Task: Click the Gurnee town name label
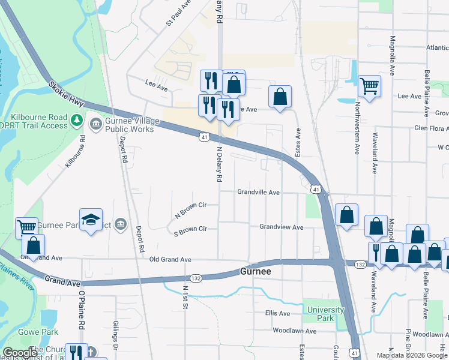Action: pyautogui.click(x=256, y=271)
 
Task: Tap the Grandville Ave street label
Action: pyautogui.click(x=259, y=193)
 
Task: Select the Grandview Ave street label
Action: pyautogui.click(x=281, y=227)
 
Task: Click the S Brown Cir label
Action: pyautogui.click(x=190, y=229)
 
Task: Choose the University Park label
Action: pyautogui.click(x=326, y=314)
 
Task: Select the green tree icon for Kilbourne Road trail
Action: pyautogui.click(x=76, y=120)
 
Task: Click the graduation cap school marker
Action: pyautogui.click(x=91, y=220)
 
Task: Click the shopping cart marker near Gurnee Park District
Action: pyautogui.click(x=26, y=227)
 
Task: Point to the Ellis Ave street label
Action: pyautogui.click(x=277, y=313)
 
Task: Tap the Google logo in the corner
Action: pyautogui.click(x=20, y=353)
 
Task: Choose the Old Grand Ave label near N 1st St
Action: pyautogui.click(x=170, y=260)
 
